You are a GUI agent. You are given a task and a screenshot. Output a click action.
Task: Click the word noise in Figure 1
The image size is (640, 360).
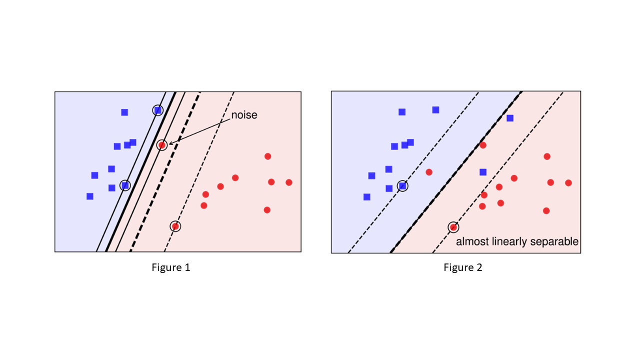coord(244,115)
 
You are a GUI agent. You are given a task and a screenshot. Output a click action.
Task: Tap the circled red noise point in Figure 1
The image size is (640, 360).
coord(161,145)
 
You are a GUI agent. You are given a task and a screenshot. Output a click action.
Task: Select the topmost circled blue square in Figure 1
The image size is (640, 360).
coord(157,110)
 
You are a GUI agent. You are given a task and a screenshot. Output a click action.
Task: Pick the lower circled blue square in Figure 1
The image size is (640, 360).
coord(125,185)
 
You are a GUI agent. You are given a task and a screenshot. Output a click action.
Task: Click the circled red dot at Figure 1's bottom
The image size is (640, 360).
coord(175,226)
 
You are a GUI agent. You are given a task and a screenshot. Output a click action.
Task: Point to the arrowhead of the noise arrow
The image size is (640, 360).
coord(170,144)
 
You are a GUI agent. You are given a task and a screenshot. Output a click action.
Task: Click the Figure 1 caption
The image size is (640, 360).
coord(171,267)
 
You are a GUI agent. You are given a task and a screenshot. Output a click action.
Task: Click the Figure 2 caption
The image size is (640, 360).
coord(463,267)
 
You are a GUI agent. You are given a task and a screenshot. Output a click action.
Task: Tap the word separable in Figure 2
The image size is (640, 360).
coord(556,242)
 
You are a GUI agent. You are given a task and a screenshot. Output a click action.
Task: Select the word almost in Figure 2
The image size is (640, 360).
coord(471,242)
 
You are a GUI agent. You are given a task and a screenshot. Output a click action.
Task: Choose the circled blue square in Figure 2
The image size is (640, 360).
coord(402,186)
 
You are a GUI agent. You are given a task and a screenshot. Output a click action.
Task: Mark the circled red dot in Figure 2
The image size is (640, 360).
coord(453,227)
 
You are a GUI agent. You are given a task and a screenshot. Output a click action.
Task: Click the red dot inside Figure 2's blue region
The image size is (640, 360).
coord(429,172)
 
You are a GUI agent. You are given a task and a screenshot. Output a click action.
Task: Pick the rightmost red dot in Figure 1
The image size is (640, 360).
coord(289,182)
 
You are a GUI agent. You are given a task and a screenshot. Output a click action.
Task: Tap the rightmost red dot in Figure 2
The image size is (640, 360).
coord(568,182)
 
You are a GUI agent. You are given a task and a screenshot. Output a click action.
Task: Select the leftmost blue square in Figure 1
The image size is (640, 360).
coord(90,196)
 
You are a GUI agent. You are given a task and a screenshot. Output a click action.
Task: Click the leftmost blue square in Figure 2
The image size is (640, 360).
coord(367,196)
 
